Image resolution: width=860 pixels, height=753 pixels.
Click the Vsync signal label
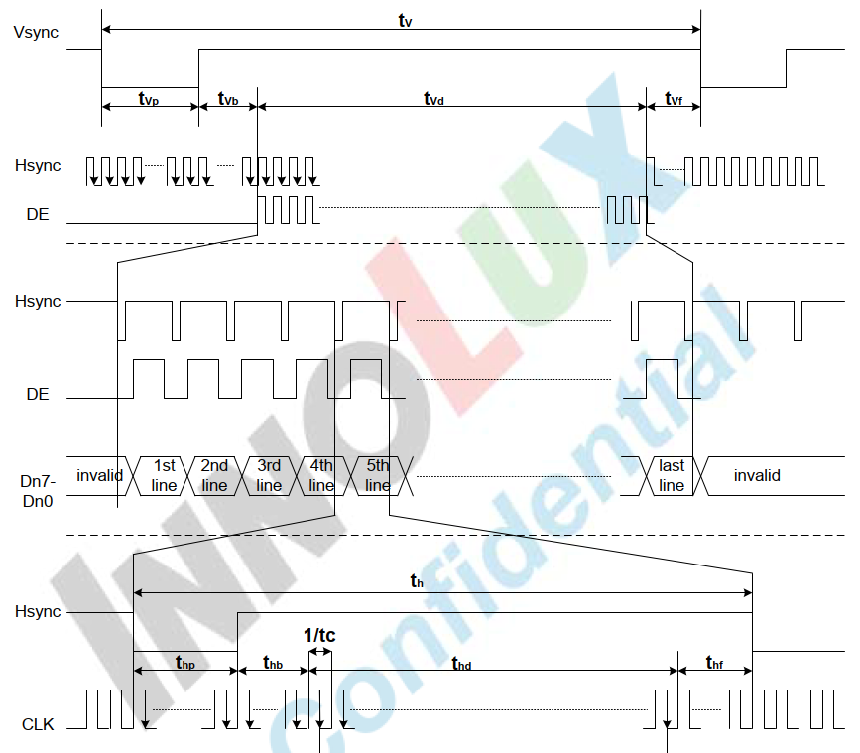click(x=36, y=32)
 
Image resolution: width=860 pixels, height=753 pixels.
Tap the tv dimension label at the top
click(x=404, y=20)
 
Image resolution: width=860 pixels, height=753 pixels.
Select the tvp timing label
click(x=149, y=99)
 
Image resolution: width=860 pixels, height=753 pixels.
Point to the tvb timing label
click(x=227, y=99)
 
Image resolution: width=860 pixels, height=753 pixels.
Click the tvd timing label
click(x=433, y=99)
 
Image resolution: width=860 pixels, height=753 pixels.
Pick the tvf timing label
click(x=674, y=99)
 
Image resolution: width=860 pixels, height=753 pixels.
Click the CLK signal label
click(x=38, y=724)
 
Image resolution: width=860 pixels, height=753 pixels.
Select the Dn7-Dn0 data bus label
click(x=38, y=490)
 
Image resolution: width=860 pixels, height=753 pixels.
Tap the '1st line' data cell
click(x=163, y=475)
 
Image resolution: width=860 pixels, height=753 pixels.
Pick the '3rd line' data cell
click(x=268, y=475)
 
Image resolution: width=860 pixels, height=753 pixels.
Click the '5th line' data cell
click(x=377, y=475)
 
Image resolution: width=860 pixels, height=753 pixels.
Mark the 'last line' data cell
click(x=672, y=475)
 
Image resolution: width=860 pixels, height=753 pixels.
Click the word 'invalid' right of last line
click(x=757, y=475)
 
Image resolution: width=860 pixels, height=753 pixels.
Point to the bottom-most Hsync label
click(x=38, y=612)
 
